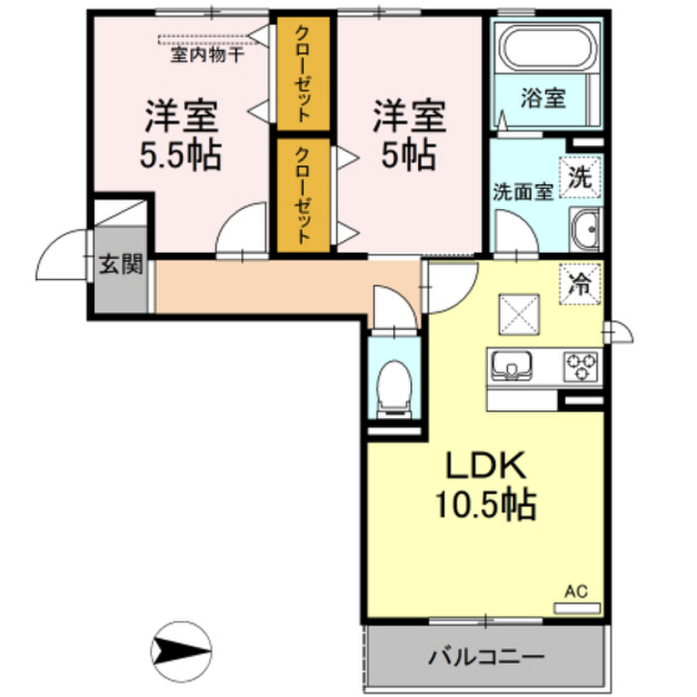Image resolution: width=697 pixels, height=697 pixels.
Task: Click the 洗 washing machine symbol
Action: pyautogui.click(x=581, y=178)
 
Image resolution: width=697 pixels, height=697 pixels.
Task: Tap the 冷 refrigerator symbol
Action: pyautogui.click(x=581, y=282)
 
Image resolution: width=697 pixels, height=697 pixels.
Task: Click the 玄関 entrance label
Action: pyautogui.click(x=121, y=264)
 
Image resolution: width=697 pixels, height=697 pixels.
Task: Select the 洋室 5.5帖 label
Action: pyautogui.click(x=180, y=136)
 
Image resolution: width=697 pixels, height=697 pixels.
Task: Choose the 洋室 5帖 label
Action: pyautogui.click(x=408, y=136)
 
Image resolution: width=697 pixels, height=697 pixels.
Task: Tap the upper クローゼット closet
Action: pyautogui.click(x=303, y=73)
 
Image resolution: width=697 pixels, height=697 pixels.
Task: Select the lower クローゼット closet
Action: pyautogui.click(x=303, y=195)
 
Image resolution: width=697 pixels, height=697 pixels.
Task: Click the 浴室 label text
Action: pyautogui.click(x=543, y=99)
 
